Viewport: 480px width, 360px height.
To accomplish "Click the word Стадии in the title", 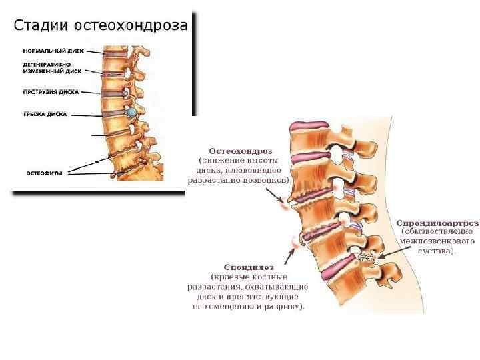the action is (41, 26).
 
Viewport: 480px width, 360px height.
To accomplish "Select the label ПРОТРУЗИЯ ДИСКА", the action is (52, 91).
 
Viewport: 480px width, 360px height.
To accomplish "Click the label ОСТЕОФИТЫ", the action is (45, 173).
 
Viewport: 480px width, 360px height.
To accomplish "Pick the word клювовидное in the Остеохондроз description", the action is (266, 170).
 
